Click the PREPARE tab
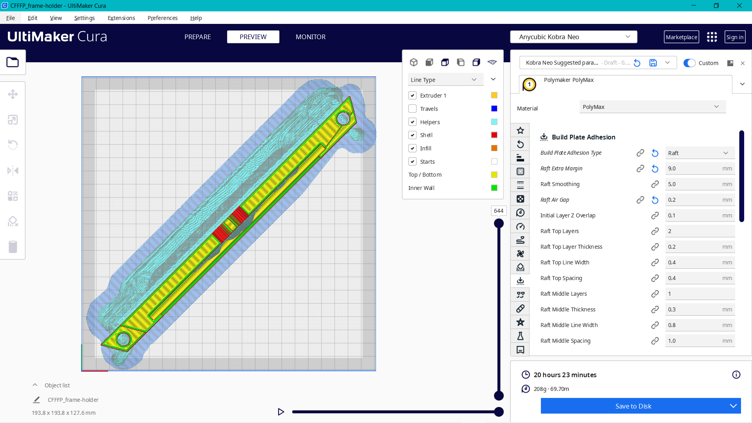[x=197, y=37]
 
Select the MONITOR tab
[x=311, y=37]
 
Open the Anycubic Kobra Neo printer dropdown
[x=573, y=37]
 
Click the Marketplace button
[x=681, y=37]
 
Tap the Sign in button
[x=734, y=37]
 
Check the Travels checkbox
[x=412, y=109]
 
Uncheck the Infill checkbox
[x=412, y=148]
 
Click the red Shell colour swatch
[x=494, y=135]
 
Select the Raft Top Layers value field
[x=699, y=231]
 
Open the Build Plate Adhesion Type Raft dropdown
[x=699, y=153]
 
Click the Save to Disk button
[x=633, y=406]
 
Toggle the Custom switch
[x=689, y=63]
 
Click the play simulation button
[x=281, y=412]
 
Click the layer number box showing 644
[x=499, y=211]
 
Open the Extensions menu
[x=121, y=18]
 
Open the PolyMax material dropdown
[x=652, y=107]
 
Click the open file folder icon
[x=13, y=62]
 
